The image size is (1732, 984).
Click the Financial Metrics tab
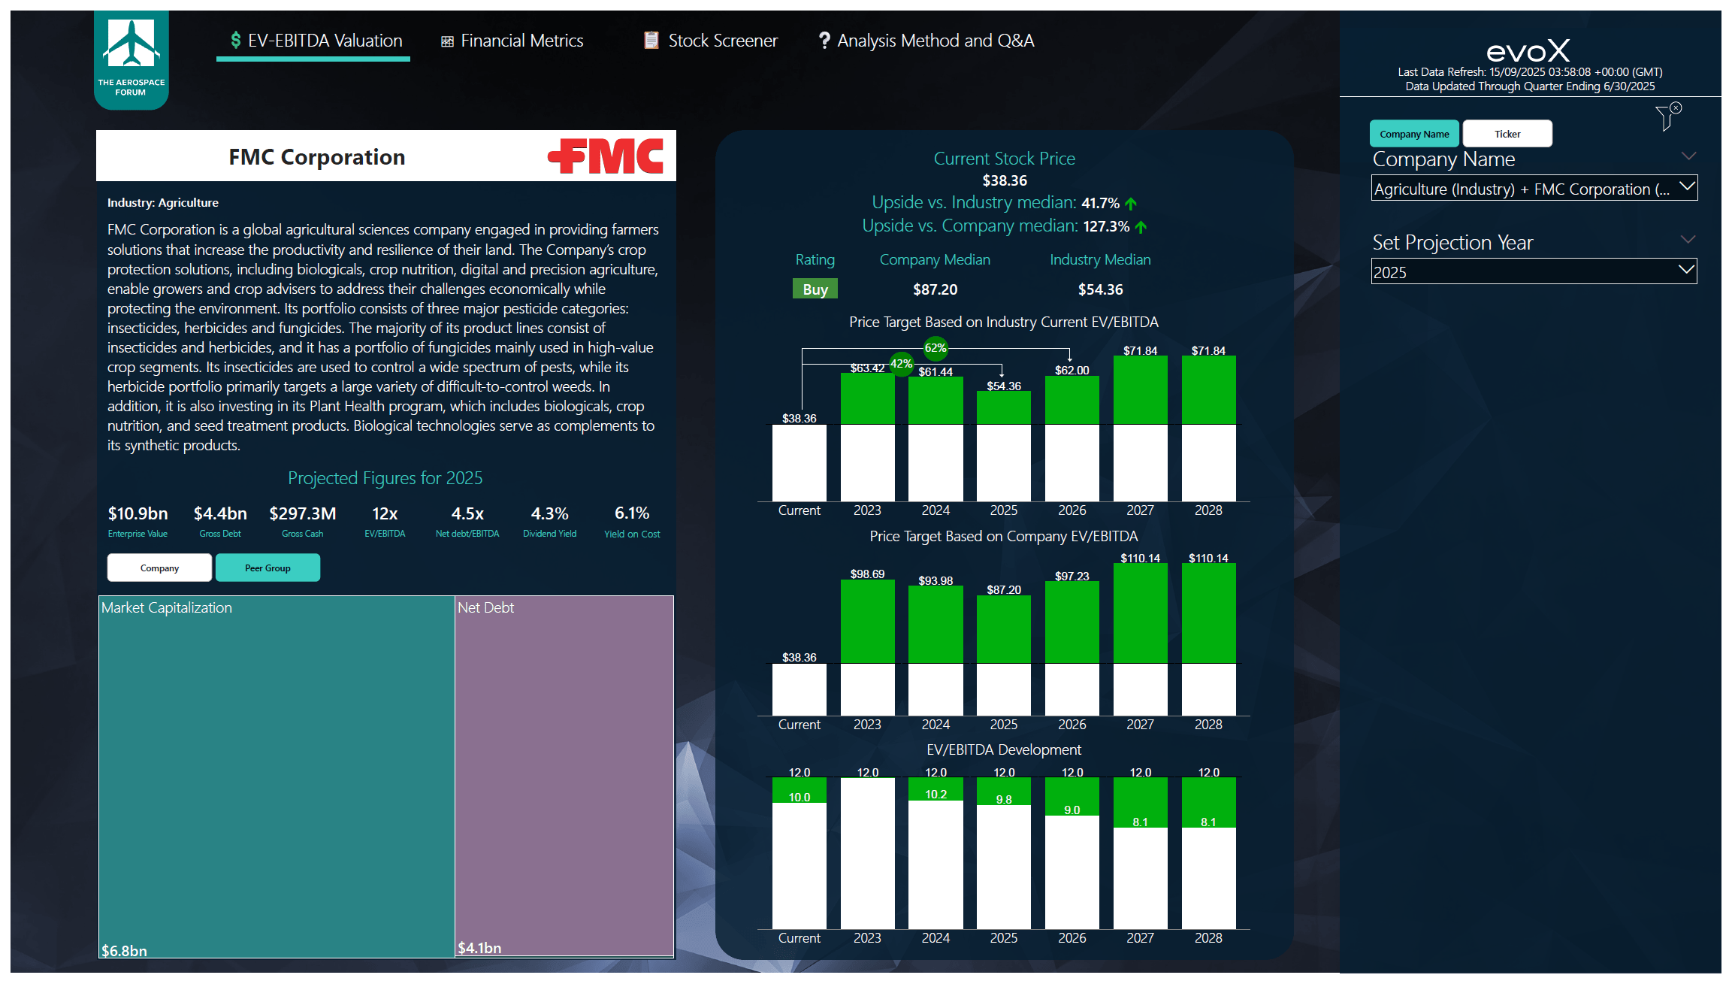pos(512,41)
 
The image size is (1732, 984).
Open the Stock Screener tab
pos(711,41)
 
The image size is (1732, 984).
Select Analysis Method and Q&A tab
pos(926,41)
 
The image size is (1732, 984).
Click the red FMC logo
pos(606,156)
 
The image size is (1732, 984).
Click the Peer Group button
pos(268,568)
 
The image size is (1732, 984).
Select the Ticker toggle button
pos(1507,134)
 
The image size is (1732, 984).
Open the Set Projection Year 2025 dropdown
pos(1533,272)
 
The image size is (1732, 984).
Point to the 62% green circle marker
pos(936,347)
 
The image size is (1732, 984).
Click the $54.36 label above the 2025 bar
pos(1004,386)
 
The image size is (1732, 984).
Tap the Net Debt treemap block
pos(564,774)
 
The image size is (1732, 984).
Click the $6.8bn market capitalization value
pos(125,950)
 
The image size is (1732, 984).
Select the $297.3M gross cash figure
pos(303,513)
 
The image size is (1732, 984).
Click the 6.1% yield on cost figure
pos(632,513)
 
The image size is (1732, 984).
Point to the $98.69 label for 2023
pos(867,574)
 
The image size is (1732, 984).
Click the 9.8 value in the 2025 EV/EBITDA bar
pos(1004,799)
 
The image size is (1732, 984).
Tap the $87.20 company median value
pos(935,289)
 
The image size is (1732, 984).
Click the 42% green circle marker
pos(901,364)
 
